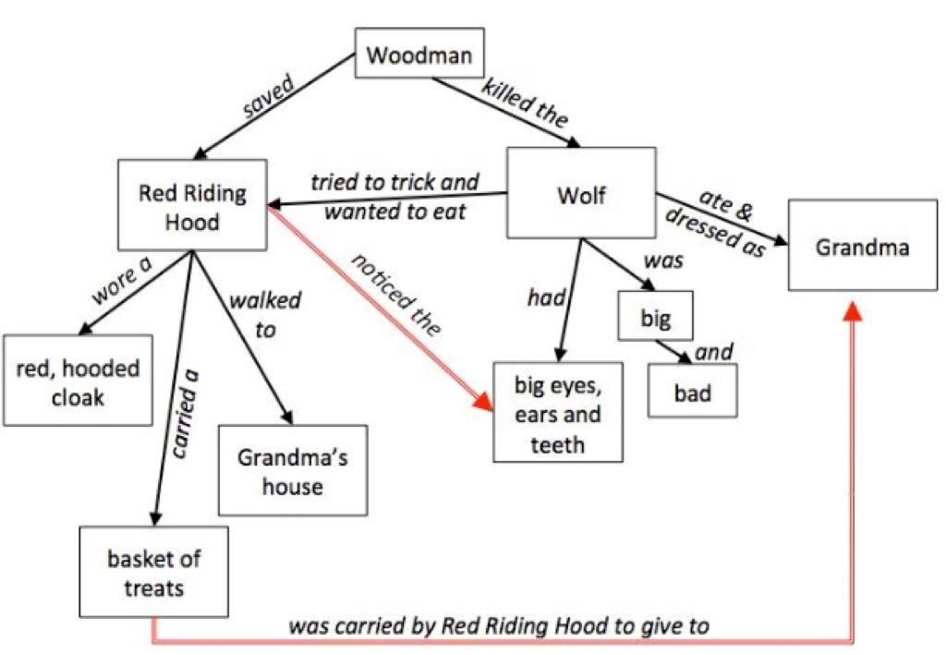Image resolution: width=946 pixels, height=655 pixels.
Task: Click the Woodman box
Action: point(418,55)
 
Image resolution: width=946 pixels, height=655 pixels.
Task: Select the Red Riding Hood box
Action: point(192,207)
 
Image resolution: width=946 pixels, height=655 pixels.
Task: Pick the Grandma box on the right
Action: point(862,247)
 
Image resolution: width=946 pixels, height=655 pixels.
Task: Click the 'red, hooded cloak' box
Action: point(78,382)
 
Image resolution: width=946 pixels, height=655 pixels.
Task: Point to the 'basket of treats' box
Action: point(153,572)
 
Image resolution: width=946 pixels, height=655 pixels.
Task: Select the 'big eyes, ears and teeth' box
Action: point(558,411)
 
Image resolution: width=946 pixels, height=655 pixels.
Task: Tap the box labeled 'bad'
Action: point(692,392)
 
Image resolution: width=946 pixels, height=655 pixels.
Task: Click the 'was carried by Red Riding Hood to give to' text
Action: point(499,625)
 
